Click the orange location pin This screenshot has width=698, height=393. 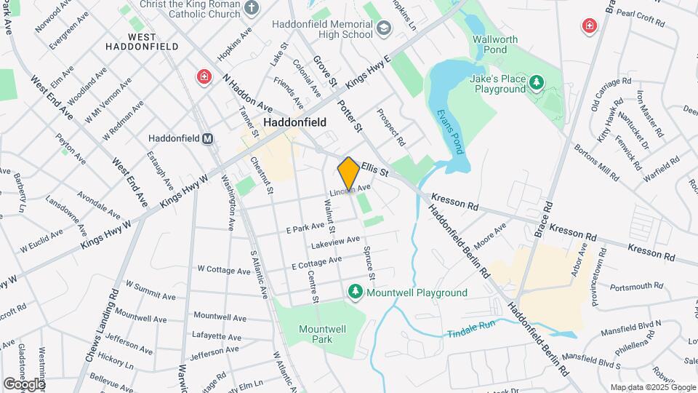click(349, 174)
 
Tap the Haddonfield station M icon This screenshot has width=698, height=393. click(207, 138)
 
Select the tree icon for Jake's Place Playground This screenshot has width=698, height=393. click(536, 83)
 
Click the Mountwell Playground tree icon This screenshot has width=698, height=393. click(356, 293)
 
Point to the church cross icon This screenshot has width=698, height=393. click(252, 9)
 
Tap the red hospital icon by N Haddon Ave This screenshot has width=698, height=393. click(204, 77)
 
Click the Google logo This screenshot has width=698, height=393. click(24, 384)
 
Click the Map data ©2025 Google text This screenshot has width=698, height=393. click(652, 387)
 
